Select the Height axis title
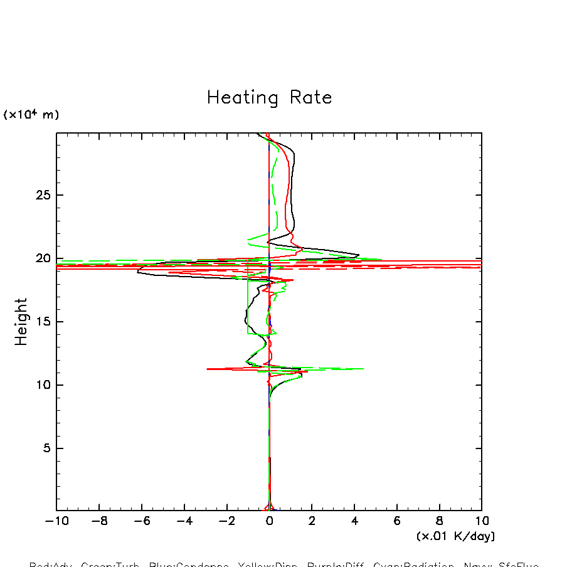click(x=22, y=322)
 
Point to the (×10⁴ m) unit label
click(x=31, y=115)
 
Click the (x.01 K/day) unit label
click(x=455, y=536)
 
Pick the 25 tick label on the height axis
click(x=42, y=195)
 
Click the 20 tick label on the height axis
click(x=42, y=258)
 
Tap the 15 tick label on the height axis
click(x=42, y=322)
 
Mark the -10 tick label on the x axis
click(x=55, y=521)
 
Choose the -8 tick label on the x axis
click(x=98, y=521)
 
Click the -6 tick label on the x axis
click(x=141, y=521)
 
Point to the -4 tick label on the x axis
click(x=183, y=521)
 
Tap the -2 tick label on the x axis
click(x=226, y=521)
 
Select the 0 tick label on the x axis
click(x=270, y=521)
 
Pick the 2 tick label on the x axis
click(x=312, y=521)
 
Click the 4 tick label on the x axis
click(x=354, y=521)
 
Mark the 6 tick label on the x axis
click(x=397, y=521)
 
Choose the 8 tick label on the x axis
click(x=439, y=521)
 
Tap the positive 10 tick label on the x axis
click(x=482, y=521)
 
